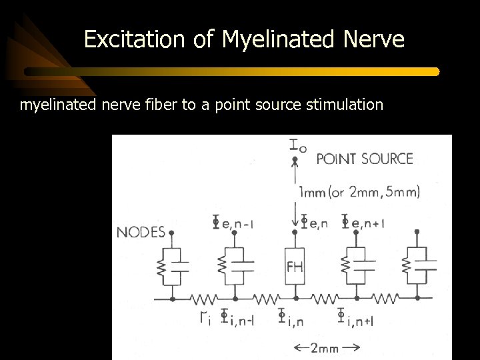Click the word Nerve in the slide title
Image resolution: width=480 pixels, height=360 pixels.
click(x=374, y=41)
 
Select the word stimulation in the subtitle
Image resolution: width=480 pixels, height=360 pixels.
click(x=345, y=105)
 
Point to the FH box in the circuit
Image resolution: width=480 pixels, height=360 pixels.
click(x=295, y=267)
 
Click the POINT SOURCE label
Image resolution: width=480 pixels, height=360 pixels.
click(x=364, y=159)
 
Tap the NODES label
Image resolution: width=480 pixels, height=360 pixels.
click(x=141, y=233)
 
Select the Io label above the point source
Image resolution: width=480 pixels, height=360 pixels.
click(x=297, y=146)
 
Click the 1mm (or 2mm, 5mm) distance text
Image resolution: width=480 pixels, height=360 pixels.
click(x=360, y=193)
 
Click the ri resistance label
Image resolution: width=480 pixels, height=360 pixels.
click(x=205, y=318)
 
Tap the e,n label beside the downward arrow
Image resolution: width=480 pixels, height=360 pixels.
click(x=313, y=223)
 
